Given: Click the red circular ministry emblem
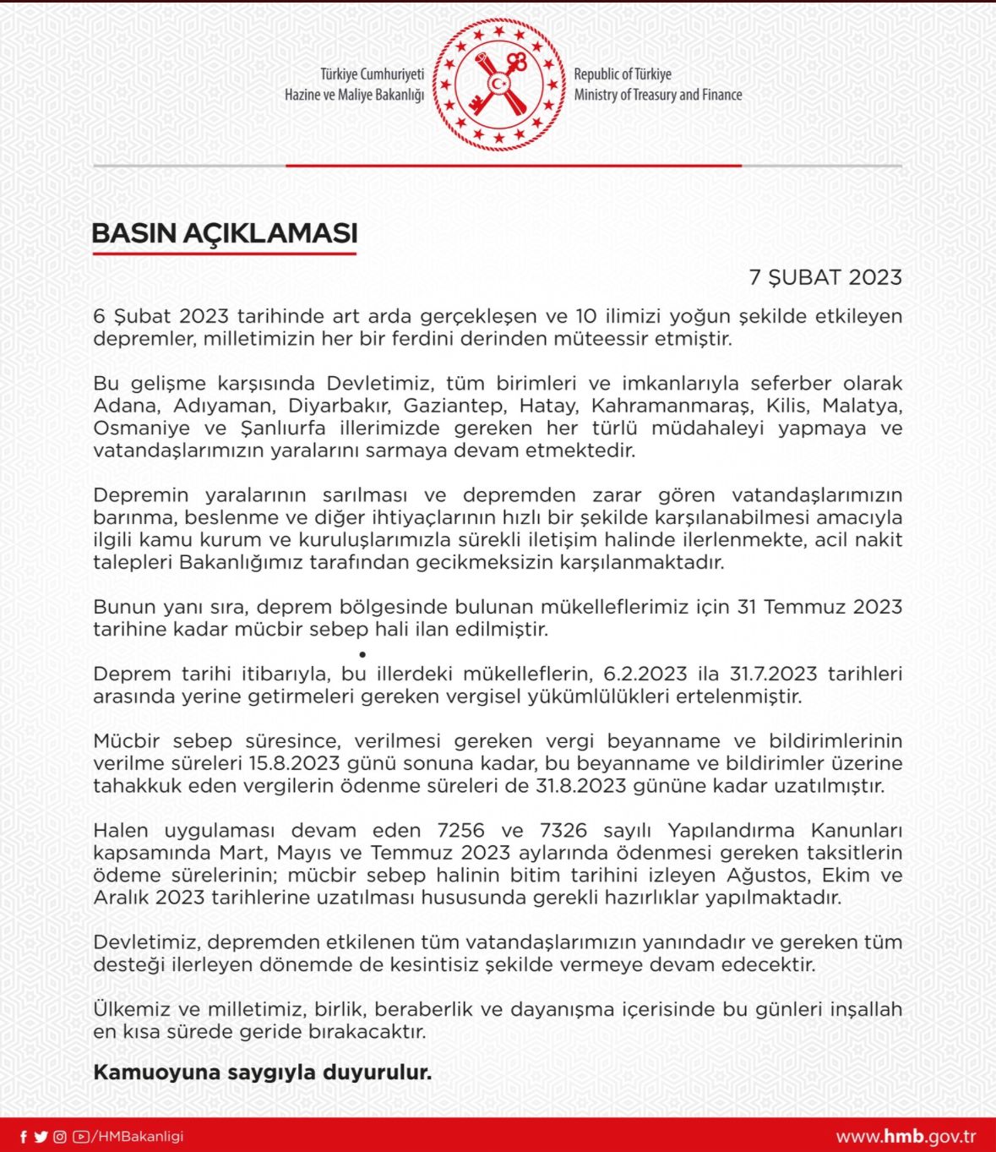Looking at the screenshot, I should [498, 85].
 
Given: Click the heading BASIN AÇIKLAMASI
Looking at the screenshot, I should [225, 233].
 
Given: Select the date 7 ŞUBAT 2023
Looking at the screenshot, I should [825, 278].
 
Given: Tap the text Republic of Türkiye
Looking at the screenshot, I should [623, 74].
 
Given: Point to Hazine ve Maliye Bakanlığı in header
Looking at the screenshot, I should [354, 95].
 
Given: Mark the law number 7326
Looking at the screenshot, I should [563, 831].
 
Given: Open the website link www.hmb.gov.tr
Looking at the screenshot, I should [906, 1137].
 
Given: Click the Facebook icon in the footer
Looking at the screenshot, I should [24, 1137].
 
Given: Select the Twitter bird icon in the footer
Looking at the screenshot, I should [41, 1137].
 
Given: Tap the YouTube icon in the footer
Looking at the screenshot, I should [81, 1137].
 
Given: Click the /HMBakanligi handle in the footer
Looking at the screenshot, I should [138, 1137].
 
